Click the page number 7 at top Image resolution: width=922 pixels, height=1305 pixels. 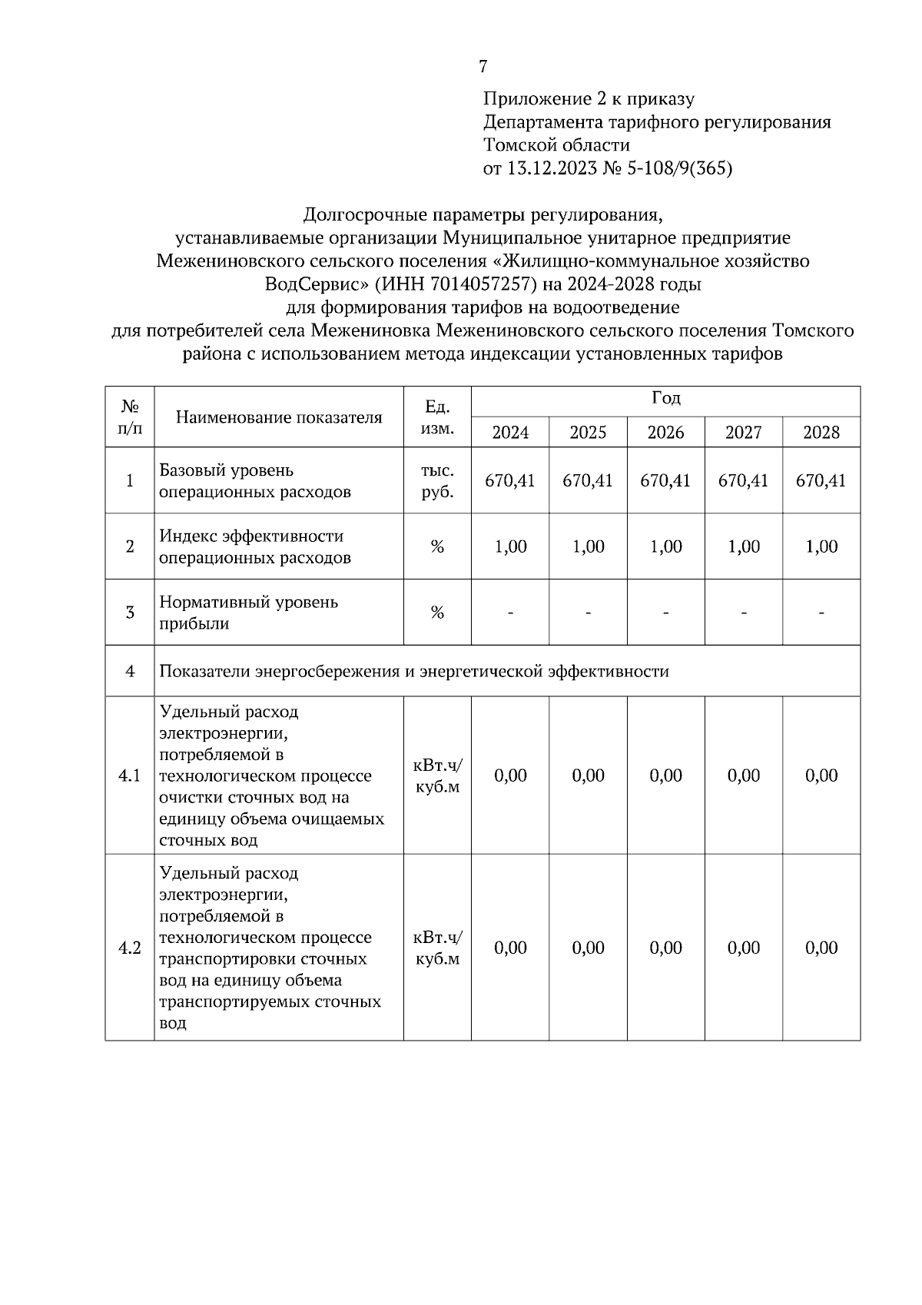(x=483, y=67)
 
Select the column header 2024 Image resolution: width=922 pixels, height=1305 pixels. (x=510, y=433)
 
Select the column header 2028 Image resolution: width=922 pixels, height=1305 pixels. (x=821, y=433)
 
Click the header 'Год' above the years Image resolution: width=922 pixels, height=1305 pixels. (x=665, y=399)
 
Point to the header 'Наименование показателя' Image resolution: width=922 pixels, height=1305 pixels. (x=279, y=417)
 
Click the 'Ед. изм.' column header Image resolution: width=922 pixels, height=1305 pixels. (x=437, y=417)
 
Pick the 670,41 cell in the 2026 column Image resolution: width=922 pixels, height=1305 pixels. (x=665, y=481)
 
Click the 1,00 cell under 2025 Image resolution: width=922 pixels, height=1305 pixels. (x=588, y=547)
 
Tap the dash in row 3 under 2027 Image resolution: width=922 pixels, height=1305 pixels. (x=744, y=613)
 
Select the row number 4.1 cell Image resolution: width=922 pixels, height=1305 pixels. (x=130, y=776)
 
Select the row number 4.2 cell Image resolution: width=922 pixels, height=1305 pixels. (x=130, y=948)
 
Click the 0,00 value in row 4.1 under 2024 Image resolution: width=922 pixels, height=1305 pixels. (x=510, y=776)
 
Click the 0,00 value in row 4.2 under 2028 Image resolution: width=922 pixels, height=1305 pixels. (x=821, y=948)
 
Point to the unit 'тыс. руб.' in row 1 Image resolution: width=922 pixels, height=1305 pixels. (x=437, y=481)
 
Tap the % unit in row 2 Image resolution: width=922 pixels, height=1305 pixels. (x=437, y=547)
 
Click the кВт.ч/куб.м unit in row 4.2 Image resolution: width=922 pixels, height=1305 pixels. (x=437, y=948)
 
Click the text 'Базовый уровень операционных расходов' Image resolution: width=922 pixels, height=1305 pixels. (x=254, y=481)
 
